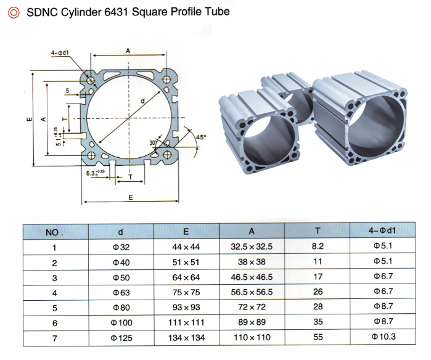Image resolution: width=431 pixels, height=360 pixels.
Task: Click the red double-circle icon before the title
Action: [14, 12]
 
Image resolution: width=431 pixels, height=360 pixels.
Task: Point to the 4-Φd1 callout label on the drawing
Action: [60, 53]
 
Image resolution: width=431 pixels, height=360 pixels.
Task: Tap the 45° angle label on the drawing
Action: [201, 137]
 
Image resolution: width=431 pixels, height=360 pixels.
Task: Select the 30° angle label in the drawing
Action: [154, 142]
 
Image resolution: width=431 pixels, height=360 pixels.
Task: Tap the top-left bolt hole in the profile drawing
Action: [91, 81]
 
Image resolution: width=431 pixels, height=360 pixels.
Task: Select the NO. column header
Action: [55, 232]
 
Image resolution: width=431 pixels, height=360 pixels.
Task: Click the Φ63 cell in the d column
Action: [120, 292]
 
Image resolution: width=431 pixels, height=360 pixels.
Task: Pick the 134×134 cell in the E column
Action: [186, 337]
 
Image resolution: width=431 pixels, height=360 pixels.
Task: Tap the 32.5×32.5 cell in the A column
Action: [252, 247]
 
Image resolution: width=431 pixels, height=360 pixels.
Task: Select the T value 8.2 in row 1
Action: [318, 247]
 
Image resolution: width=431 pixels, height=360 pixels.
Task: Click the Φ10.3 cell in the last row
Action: [384, 337]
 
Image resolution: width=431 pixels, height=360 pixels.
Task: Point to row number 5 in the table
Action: [54, 307]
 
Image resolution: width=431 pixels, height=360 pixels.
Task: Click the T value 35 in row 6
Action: [318, 322]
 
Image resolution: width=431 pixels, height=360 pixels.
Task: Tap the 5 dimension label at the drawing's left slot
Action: [67, 91]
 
